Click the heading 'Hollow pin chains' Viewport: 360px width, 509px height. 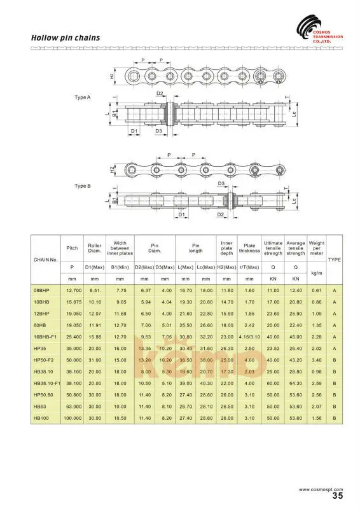click(66, 38)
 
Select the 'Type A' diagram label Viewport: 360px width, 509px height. click(83, 97)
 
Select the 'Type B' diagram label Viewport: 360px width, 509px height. click(83, 186)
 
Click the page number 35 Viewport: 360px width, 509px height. click(338, 495)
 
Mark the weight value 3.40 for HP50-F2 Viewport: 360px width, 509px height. click(316, 359)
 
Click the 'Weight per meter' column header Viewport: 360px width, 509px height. click(316, 248)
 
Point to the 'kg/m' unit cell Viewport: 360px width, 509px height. click(316, 274)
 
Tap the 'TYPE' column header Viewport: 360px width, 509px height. click(335, 260)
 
